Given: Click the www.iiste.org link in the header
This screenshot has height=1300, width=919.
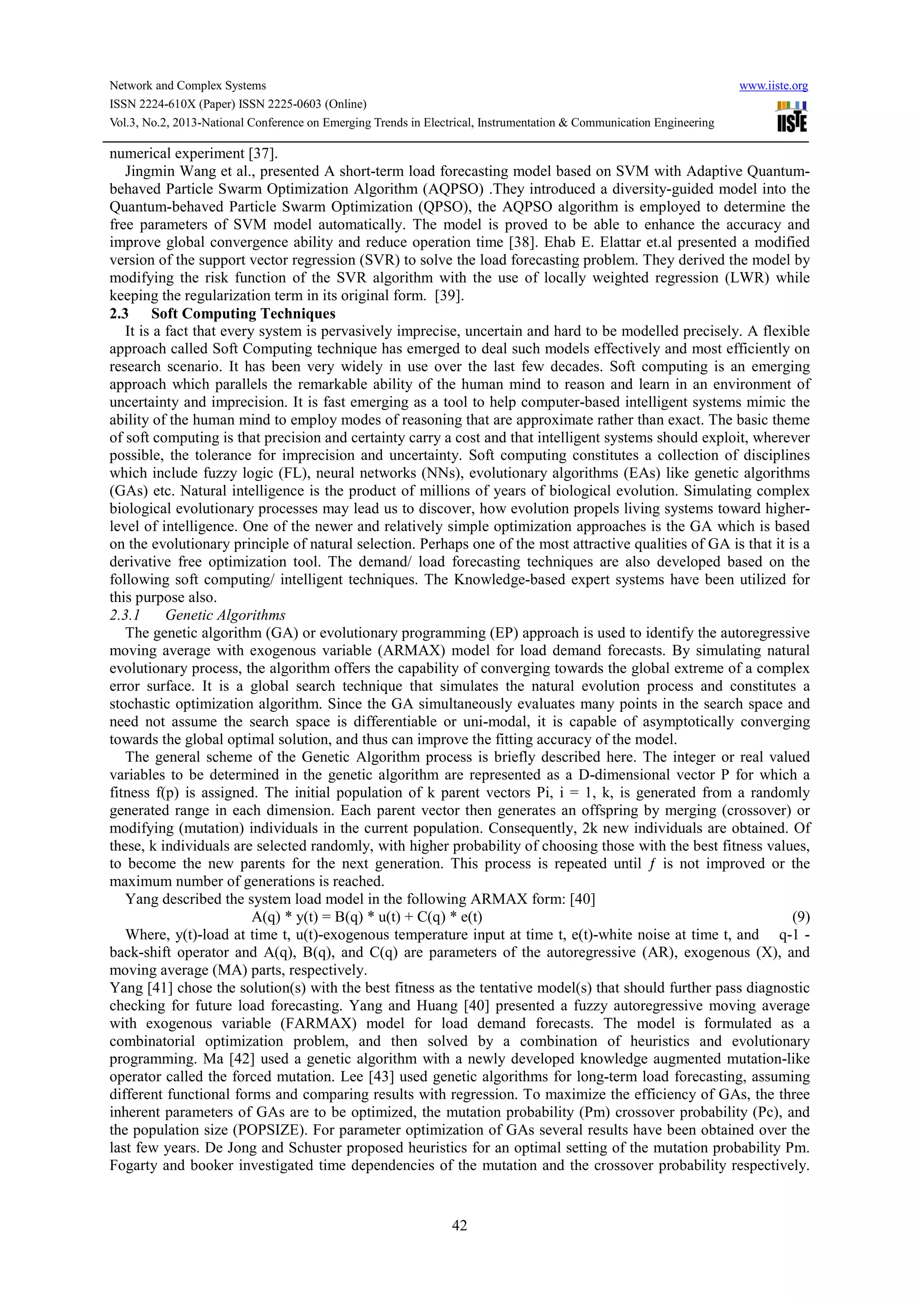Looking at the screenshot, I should pos(774,86).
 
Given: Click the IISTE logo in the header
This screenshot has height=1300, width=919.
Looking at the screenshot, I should pos(792,116).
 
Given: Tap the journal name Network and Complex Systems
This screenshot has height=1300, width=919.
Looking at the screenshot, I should pos(188,86).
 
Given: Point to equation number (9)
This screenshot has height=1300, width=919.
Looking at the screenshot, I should pos(800,916).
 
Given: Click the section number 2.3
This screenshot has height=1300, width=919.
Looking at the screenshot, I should pos(119,314).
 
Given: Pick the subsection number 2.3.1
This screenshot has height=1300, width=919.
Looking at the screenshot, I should pos(125,615).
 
